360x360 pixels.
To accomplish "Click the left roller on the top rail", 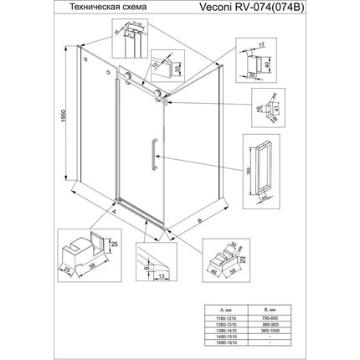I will coord(127,80).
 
